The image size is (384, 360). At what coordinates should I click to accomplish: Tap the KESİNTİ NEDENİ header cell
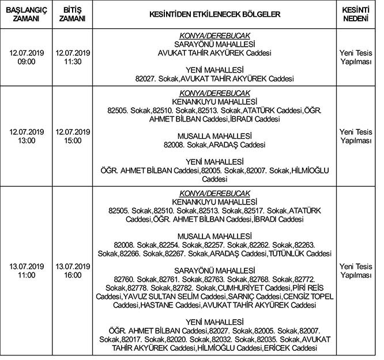tap(355, 14)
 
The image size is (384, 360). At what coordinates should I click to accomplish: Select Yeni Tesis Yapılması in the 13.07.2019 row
tap(355, 271)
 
